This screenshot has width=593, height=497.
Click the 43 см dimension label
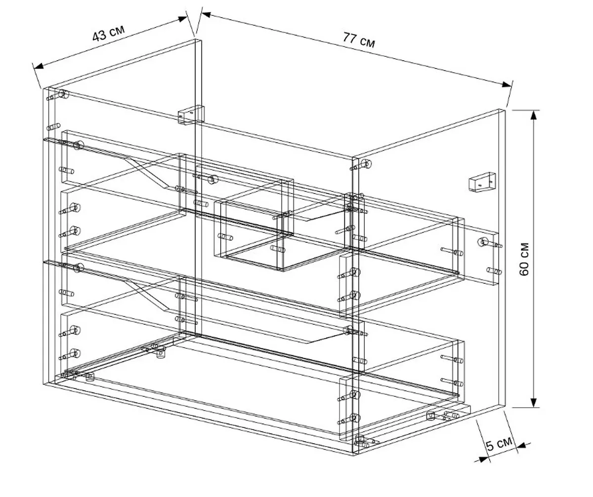(109, 33)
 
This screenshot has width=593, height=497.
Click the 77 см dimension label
(359, 40)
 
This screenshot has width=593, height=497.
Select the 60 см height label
(524, 259)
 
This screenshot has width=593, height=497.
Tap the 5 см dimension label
(499, 444)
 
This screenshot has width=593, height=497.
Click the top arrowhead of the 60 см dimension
(534, 115)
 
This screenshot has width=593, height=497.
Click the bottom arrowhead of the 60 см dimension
(534, 403)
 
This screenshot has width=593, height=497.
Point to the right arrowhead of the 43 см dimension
(182, 19)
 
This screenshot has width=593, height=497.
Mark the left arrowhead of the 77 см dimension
(206, 14)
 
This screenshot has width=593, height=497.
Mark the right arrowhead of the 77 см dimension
(507, 84)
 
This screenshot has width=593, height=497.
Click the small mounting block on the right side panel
(482, 182)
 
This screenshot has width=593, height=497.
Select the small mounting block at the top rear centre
(191, 115)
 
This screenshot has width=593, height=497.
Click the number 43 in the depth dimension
(99, 36)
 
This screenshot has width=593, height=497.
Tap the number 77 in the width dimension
(349, 38)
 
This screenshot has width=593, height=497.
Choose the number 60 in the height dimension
(524, 268)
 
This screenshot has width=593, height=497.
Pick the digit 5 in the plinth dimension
(490, 446)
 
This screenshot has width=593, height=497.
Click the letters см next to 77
(368, 43)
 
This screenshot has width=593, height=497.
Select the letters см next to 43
(117, 31)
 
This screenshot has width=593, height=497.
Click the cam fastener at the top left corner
(64, 94)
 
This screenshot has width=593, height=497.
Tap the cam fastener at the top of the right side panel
(366, 164)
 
